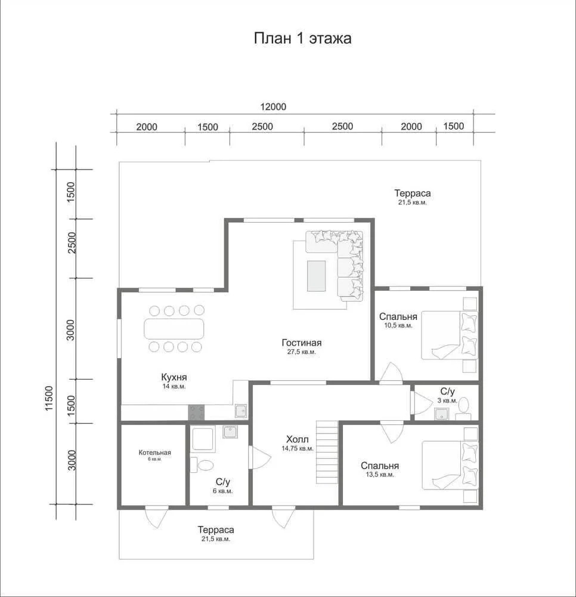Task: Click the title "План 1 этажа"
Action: pyautogui.click(x=303, y=38)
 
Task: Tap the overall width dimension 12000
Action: pyautogui.click(x=273, y=107)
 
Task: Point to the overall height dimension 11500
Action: pyautogui.click(x=49, y=399)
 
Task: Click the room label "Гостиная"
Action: pyautogui.click(x=302, y=343)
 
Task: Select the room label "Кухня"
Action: pyautogui.click(x=174, y=377)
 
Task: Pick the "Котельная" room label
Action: pyautogui.click(x=155, y=453)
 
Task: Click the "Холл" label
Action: pyautogui.click(x=298, y=439)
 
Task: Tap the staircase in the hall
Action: pyautogui.click(x=327, y=452)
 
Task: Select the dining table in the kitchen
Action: pyautogui.click(x=174, y=328)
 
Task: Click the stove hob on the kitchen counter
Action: pyautogui.click(x=196, y=413)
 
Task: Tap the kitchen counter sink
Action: pyautogui.click(x=241, y=411)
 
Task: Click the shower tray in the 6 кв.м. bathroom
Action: pyautogui.click(x=204, y=439)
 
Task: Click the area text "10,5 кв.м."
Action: pyautogui.click(x=398, y=325)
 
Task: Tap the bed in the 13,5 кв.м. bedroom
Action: pyautogui.click(x=450, y=465)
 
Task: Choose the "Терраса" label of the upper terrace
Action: pyautogui.click(x=412, y=193)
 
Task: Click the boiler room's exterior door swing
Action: pyautogui.click(x=157, y=518)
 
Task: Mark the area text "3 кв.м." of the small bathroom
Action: pyautogui.click(x=447, y=401)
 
